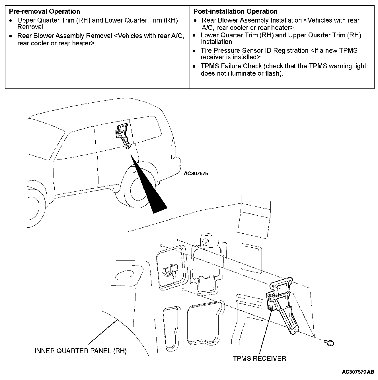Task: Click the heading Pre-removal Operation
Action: coord(44,12)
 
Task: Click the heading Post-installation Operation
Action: coord(235,12)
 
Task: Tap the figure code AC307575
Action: coord(196,173)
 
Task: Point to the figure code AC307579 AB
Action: coord(358,372)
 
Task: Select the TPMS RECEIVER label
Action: coord(259,358)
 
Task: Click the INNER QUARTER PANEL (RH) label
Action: coord(81,351)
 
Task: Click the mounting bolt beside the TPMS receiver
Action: coord(329,342)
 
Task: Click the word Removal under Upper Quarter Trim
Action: coord(30,27)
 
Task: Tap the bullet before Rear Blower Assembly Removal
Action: coord(11,36)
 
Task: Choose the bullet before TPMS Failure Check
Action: coord(194,66)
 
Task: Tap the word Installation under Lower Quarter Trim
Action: coord(216,42)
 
